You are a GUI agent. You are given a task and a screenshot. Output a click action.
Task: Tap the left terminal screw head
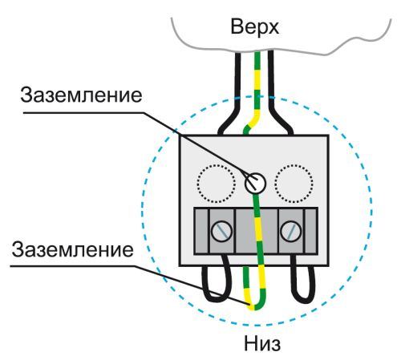click(218, 232)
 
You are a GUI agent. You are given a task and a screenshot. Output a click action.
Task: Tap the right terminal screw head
click(290, 232)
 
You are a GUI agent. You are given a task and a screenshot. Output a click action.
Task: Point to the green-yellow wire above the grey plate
click(255, 88)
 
